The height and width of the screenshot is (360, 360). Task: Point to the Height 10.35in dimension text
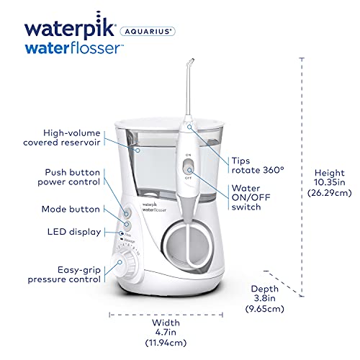[325, 181]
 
